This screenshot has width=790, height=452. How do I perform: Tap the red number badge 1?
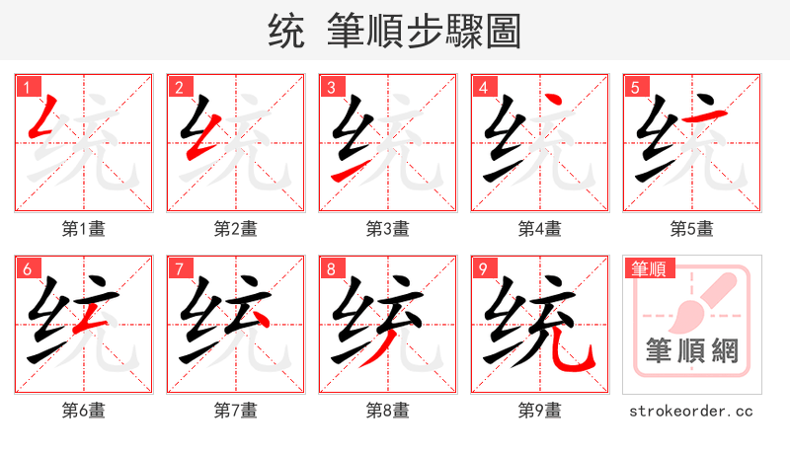point(26,87)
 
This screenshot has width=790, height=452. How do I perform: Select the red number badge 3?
point(330,87)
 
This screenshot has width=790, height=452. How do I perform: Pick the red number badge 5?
point(634,87)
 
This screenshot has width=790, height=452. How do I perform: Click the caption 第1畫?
point(83,229)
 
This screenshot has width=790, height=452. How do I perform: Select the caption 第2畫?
point(235,229)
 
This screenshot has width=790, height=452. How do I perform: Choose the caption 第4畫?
point(539,229)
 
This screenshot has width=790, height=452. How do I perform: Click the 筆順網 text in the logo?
point(691,350)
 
